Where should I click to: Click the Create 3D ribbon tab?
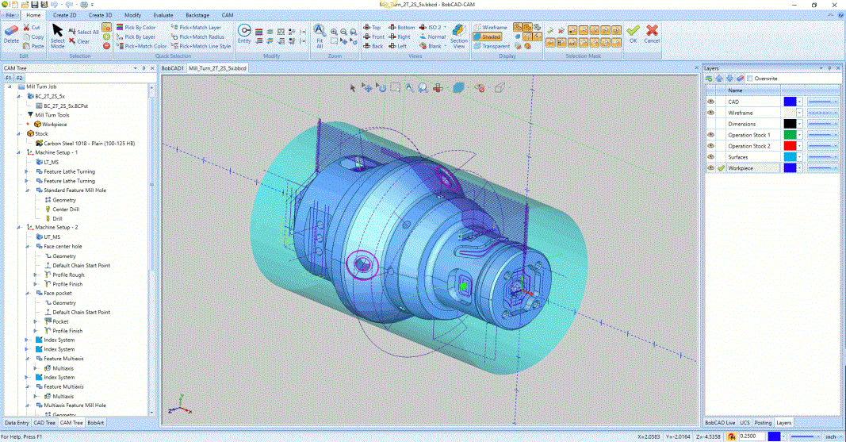click(x=100, y=15)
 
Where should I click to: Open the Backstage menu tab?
click(x=198, y=15)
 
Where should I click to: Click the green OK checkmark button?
click(x=632, y=33)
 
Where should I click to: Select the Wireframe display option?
click(x=491, y=27)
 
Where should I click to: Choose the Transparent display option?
click(x=492, y=46)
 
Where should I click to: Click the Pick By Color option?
click(x=140, y=27)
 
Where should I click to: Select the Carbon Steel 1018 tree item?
click(x=89, y=143)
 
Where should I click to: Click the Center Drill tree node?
click(x=67, y=209)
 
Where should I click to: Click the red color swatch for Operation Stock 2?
click(x=789, y=146)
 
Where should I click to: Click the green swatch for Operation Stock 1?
click(x=789, y=135)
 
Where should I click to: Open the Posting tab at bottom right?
click(x=763, y=422)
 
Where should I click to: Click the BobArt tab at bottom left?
click(x=95, y=422)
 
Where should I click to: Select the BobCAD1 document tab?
click(x=173, y=69)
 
